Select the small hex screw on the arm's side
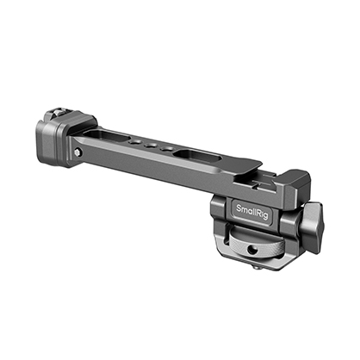[x=78, y=152]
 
